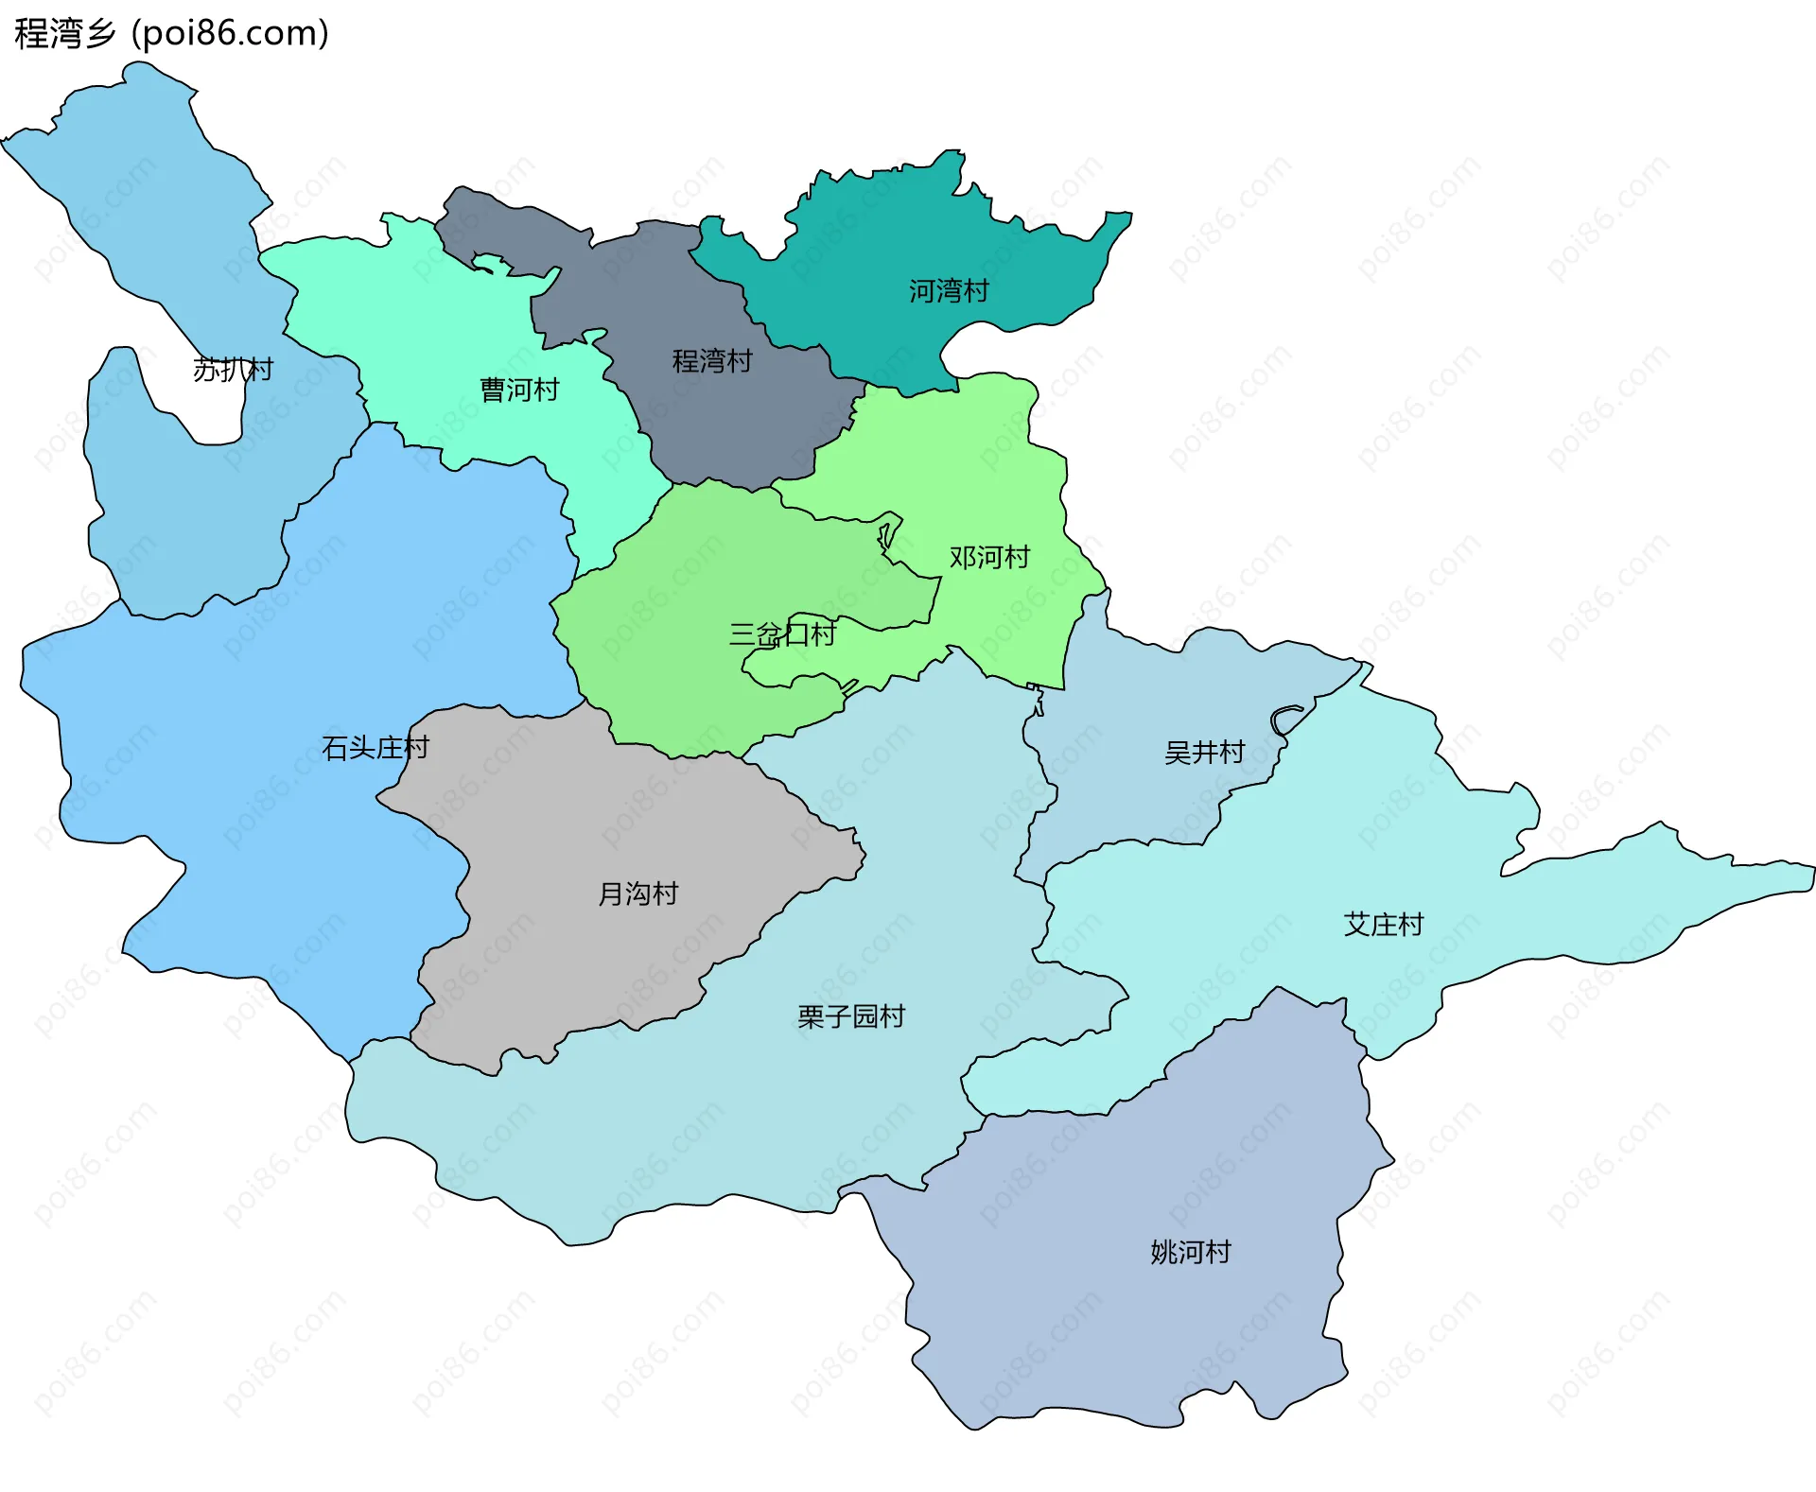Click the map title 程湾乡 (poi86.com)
pos(171,33)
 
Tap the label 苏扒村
pos(233,370)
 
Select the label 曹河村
pos(519,390)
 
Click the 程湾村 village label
pos(711,361)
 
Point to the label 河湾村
pos(949,291)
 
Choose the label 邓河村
pos(989,558)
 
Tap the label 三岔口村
pos(782,634)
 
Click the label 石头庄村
pos(375,749)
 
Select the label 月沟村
pos(637,893)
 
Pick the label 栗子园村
pos(851,1016)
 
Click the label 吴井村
pos(1204,753)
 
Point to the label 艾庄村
pos(1384,925)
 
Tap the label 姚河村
pos(1191,1253)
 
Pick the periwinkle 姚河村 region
pos(1135,1324)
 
